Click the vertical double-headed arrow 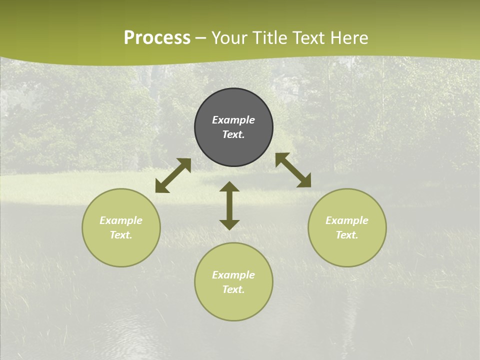pyautogui.click(x=229, y=205)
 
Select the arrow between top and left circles pyautogui.click(x=173, y=175)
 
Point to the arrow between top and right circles pyautogui.click(x=293, y=170)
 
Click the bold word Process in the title pyautogui.click(x=157, y=38)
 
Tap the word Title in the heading pyautogui.click(x=270, y=38)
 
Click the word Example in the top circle pyautogui.click(x=233, y=120)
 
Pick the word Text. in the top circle pyautogui.click(x=233, y=134)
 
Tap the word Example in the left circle pyautogui.click(x=121, y=220)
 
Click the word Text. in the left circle pyautogui.click(x=121, y=235)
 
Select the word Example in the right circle pyautogui.click(x=347, y=220)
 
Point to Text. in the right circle pyautogui.click(x=347, y=235)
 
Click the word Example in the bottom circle pyautogui.click(x=233, y=275)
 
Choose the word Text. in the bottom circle pyautogui.click(x=233, y=289)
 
